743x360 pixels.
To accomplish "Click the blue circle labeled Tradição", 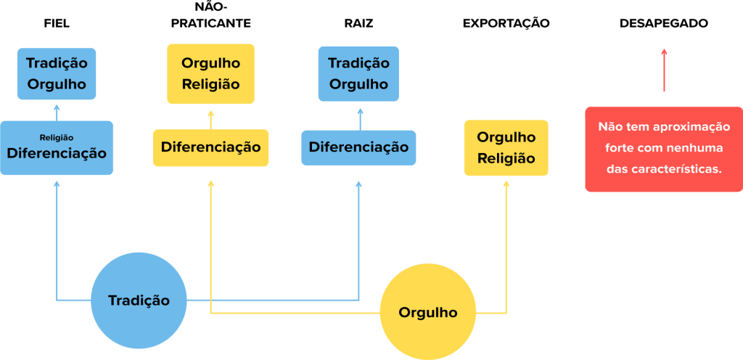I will click(x=138, y=300).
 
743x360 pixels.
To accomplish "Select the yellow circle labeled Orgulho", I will click(x=428, y=313).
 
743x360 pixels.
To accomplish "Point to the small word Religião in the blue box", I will click(x=57, y=137).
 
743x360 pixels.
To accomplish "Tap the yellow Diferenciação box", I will click(x=210, y=147).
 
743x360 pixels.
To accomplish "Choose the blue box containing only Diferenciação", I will click(x=358, y=147).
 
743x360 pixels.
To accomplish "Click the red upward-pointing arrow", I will click(x=664, y=70).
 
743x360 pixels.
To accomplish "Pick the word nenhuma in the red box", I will click(x=697, y=147).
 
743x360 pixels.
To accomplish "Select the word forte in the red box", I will click(x=619, y=147).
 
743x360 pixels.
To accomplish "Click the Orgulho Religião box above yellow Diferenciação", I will click(x=210, y=73).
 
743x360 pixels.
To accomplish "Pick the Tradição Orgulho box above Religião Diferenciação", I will click(x=57, y=73).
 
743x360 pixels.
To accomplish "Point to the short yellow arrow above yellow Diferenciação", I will click(x=211, y=119).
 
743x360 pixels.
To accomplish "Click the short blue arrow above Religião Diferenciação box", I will click(x=57, y=111).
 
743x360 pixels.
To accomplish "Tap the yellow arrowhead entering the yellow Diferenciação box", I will click(x=211, y=184).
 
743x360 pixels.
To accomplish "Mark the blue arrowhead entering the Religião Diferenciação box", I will click(x=57, y=184).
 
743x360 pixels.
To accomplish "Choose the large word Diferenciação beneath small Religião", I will click(x=57, y=154).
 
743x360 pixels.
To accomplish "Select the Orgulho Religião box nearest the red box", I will click(x=506, y=147).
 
